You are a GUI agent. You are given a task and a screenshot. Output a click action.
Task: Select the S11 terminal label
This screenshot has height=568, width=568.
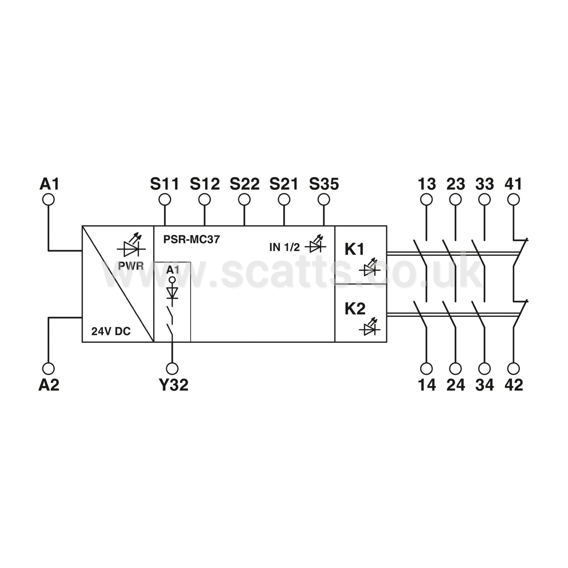click(165, 184)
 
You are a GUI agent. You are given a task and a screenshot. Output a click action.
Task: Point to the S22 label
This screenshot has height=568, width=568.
click(245, 184)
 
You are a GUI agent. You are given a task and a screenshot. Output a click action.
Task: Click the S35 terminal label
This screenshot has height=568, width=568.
click(324, 184)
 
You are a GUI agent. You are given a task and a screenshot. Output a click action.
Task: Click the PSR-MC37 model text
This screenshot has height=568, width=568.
click(191, 239)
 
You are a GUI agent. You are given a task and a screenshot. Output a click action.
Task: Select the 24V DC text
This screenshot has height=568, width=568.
click(111, 331)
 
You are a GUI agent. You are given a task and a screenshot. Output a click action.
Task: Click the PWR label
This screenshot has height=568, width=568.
click(131, 266)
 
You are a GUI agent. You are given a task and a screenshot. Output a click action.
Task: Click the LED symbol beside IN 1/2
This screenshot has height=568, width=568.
click(316, 244)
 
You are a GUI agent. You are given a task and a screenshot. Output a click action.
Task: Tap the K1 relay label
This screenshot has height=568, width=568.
click(355, 250)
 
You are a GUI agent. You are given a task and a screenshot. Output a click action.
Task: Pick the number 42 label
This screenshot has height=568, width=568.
click(514, 385)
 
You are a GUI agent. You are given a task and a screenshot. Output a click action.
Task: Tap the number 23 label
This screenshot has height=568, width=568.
click(456, 184)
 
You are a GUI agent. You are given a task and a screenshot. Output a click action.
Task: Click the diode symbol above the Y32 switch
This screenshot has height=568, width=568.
click(173, 293)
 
